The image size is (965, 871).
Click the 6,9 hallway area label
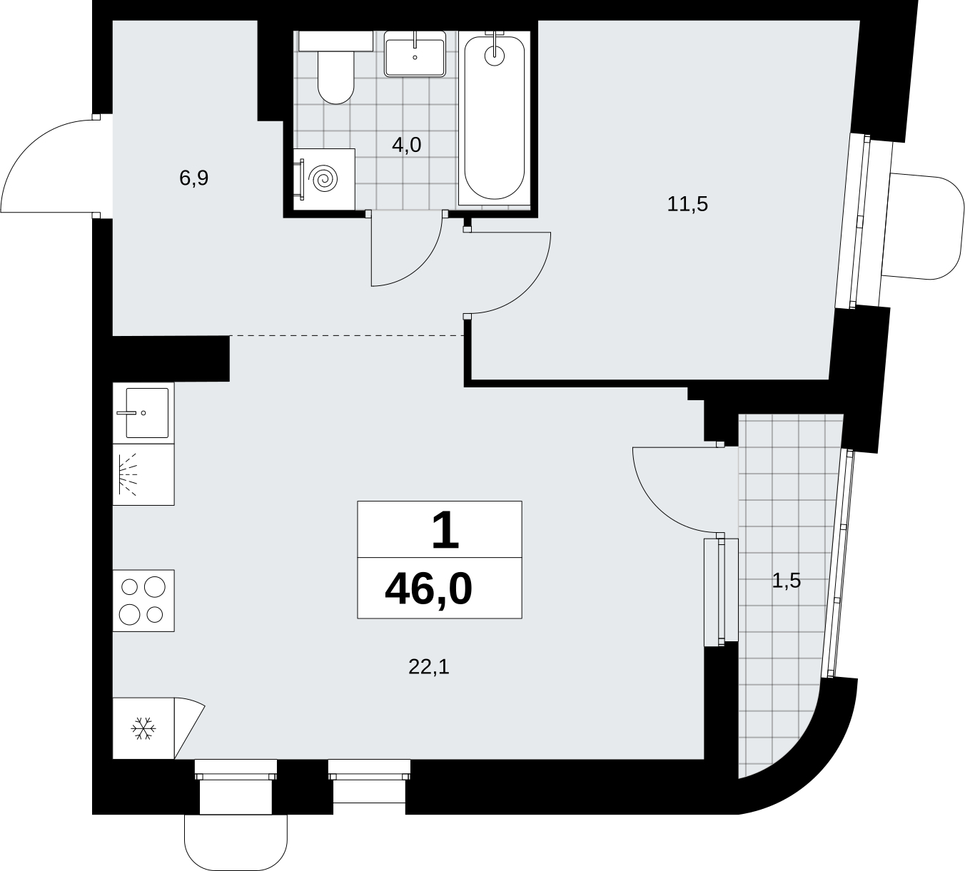[x=194, y=178]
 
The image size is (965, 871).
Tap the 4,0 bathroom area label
[x=407, y=145]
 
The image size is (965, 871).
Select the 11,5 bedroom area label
[x=687, y=205]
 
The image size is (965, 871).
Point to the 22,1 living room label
[x=429, y=667]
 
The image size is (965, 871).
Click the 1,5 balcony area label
[x=787, y=581]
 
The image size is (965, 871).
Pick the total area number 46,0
[x=429, y=590]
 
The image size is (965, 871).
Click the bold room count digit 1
[x=445, y=530]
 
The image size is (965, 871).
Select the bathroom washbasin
[x=415, y=54]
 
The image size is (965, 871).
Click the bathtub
[x=494, y=118]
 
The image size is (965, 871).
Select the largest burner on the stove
[x=155, y=587]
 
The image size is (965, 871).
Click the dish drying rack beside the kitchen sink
[x=143, y=474]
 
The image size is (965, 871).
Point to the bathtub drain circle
[x=494, y=56]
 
